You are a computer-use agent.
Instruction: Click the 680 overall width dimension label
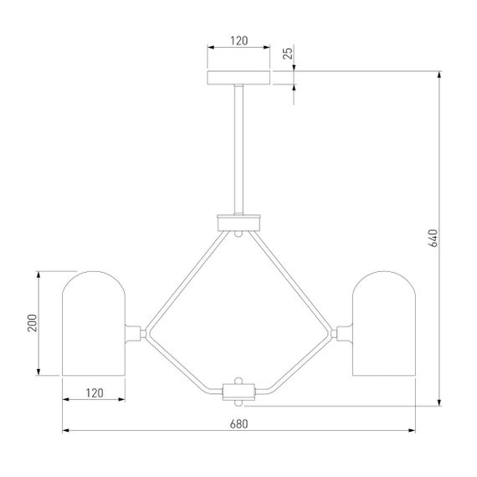click(x=238, y=423)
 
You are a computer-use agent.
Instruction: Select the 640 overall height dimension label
click(x=433, y=238)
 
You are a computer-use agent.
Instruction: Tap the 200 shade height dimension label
click(x=33, y=323)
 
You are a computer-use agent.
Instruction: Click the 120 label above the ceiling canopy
click(x=238, y=41)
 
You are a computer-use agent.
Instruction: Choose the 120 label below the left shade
click(x=95, y=393)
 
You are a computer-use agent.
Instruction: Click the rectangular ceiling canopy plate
click(x=238, y=78)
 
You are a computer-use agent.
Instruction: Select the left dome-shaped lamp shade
click(x=94, y=323)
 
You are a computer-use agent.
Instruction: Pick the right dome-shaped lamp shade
click(x=384, y=323)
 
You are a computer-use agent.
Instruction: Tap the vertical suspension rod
click(x=238, y=149)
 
